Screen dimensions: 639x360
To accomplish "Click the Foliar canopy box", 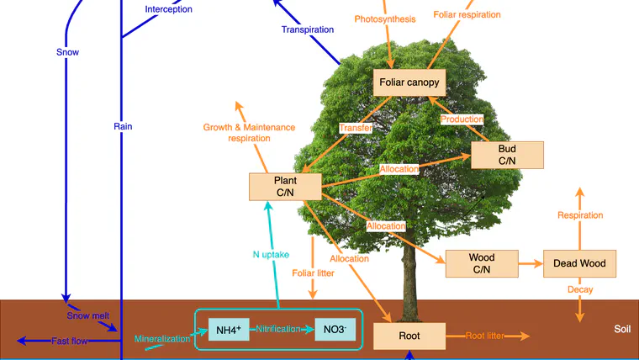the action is tap(409, 82).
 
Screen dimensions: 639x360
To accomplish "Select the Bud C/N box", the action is tap(507, 155).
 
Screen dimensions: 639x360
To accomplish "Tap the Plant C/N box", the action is tap(285, 187).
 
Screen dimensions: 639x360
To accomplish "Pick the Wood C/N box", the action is tap(482, 263).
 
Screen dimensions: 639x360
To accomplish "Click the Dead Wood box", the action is tap(579, 263).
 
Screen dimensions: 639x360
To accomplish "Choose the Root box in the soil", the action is tap(409, 336).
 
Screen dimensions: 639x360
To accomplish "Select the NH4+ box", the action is tap(229, 330).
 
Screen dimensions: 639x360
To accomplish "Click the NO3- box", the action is tap(335, 330).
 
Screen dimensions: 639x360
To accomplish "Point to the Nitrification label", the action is tap(278, 329).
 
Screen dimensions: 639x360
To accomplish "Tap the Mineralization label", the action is tap(162, 339).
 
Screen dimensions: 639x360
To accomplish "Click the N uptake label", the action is tap(271, 255).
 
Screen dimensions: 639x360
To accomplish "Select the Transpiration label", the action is tap(308, 29).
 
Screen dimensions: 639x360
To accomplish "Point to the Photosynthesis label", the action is tap(385, 19).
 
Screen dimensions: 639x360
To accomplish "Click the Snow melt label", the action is tap(88, 315).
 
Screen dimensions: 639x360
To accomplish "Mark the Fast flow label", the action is tap(69, 341).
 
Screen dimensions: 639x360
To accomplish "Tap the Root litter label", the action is tap(484, 336).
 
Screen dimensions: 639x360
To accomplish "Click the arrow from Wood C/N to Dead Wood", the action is tap(531, 264).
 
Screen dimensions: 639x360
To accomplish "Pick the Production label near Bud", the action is tap(462, 119).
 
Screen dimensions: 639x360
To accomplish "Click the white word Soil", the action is tap(622, 329).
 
